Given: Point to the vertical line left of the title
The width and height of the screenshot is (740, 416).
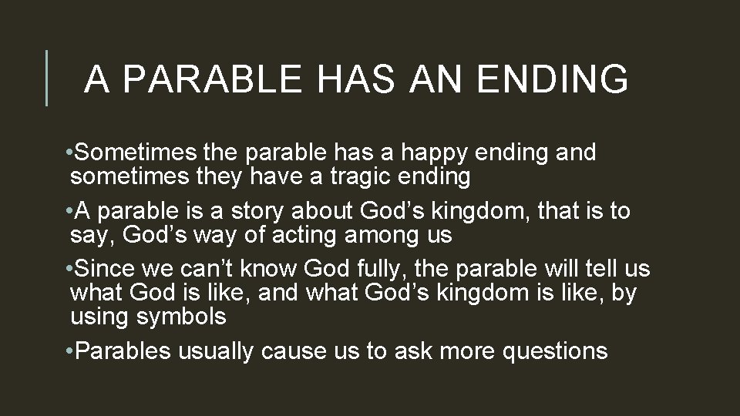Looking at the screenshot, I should [47, 78].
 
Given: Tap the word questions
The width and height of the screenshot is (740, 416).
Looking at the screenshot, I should [555, 351].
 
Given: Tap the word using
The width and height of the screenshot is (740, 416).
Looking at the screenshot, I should [100, 317].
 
